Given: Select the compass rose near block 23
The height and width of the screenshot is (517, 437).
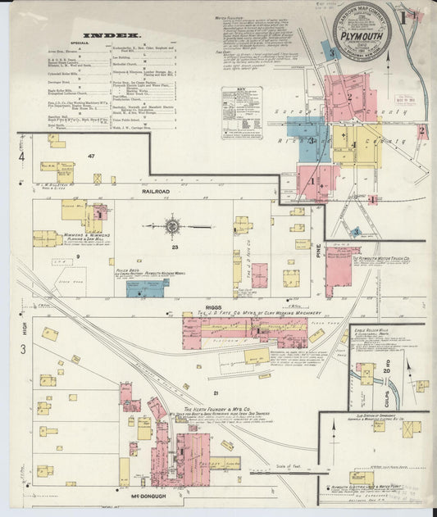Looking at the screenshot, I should pos(173,225).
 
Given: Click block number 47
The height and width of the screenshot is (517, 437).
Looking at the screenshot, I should pos(93,156).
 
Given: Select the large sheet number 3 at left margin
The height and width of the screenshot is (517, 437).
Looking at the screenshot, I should pos(23,349).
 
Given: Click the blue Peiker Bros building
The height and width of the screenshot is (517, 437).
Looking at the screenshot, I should pos(147,288).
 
